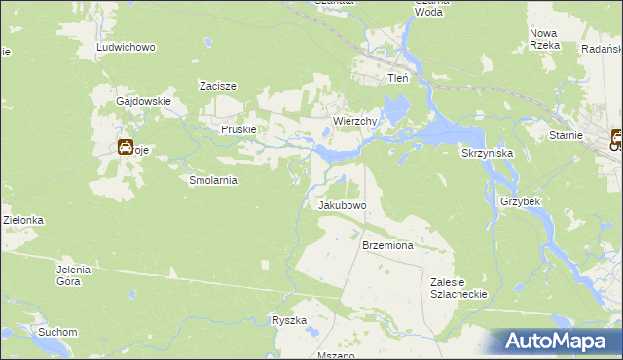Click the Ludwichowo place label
click(x=127, y=47)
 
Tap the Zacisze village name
click(x=219, y=86)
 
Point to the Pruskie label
click(x=238, y=129)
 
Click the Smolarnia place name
click(x=213, y=180)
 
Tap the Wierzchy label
click(x=355, y=121)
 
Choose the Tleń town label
click(x=398, y=78)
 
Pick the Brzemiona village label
click(x=387, y=246)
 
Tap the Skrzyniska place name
click(x=487, y=153)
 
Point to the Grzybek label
click(x=521, y=201)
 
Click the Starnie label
click(x=566, y=135)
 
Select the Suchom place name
click(x=57, y=332)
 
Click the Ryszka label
click(x=289, y=320)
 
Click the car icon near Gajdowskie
click(x=126, y=149)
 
